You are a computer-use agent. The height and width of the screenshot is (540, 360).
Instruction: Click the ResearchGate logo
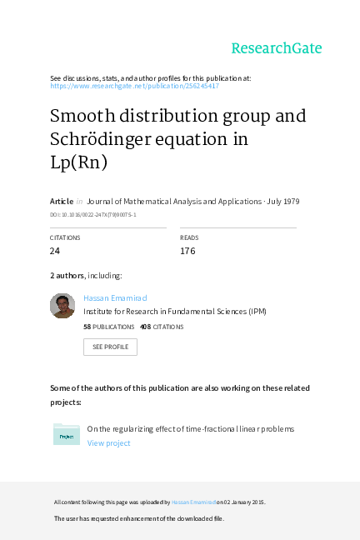click(276, 48)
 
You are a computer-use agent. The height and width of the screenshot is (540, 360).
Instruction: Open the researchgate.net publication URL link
click(134, 86)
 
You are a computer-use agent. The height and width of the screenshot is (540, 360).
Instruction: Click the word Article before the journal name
click(62, 202)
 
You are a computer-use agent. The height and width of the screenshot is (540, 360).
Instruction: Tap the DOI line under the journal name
click(92, 214)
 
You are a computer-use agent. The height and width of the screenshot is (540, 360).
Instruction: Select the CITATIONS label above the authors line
click(65, 237)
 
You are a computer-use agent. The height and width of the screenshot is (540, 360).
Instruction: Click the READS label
click(189, 237)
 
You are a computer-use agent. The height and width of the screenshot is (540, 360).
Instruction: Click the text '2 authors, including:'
click(87, 275)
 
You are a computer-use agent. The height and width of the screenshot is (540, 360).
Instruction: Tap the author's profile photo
click(62, 305)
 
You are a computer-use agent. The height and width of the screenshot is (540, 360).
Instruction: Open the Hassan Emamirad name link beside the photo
click(115, 297)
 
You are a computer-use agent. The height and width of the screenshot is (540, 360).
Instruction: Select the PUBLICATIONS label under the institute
click(113, 327)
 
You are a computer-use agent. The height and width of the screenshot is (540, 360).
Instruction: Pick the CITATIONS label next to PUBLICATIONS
click(168, 327)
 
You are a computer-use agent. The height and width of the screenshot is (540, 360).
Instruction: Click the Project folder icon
click(67, 434)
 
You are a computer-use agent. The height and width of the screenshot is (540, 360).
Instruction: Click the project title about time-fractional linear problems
click(191, 429)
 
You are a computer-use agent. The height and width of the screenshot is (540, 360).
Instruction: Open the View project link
click(109, 443)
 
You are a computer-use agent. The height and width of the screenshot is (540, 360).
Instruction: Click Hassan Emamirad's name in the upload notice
click(194, 502)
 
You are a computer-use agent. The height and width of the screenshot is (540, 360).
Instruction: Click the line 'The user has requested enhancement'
click(139, 518)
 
